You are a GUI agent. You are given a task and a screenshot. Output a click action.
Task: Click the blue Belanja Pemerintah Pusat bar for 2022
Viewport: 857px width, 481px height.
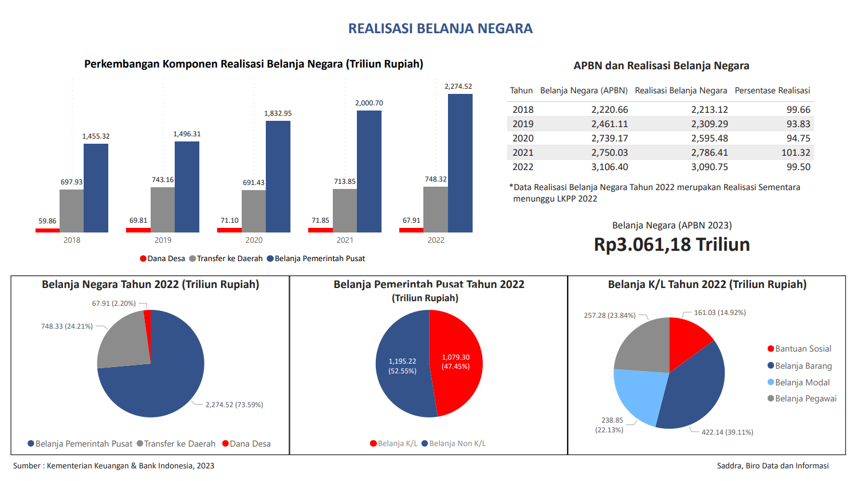click(x=460, y=163)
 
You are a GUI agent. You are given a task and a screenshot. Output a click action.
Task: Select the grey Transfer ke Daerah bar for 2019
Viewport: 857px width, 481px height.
click(x=163, y=210)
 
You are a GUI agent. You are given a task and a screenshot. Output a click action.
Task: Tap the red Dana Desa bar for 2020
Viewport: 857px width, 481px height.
click(x=229, y=230)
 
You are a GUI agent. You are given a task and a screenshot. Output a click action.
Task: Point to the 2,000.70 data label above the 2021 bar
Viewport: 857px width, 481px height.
click(x=369, y=103)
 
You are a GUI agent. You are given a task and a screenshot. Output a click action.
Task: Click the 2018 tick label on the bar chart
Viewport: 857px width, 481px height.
click(x=72, y=240)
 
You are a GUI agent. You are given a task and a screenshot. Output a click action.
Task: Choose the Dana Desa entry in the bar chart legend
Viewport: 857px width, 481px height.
click(x=163, y=259)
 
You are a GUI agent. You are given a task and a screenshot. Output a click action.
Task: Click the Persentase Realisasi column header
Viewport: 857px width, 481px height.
click(x=772, y=90)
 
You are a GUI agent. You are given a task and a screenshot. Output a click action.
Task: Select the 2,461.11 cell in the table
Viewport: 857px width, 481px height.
click(x=610, y=124)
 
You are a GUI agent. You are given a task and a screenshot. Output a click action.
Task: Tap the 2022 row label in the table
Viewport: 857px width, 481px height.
click(x=522, y=167)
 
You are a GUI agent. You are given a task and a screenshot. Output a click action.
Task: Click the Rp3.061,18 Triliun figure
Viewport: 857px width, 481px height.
click(x=671, y=245)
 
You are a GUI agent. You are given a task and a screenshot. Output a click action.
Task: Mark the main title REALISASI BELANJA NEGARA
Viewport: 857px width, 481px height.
click(x=440, y=29)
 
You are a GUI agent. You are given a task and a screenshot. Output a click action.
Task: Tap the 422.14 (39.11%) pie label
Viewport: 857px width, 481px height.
click(x=727, y=432)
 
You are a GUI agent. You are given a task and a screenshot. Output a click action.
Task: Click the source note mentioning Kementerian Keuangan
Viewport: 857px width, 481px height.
click(x=113, y=466)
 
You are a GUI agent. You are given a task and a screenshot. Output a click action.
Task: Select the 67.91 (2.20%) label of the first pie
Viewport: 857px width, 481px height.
click(x=113, y=303)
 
